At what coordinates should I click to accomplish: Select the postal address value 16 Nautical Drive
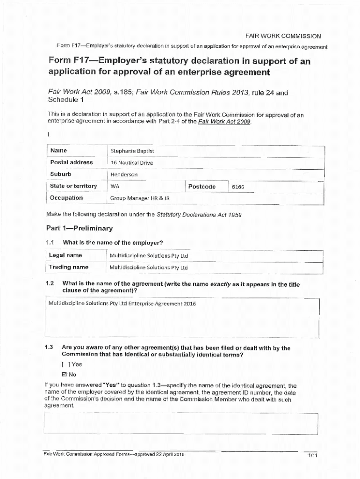point(131,163)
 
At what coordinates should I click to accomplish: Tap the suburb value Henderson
point(124,174)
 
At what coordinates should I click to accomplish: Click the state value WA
point(115,186)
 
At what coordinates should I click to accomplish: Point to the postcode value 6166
point(238,187)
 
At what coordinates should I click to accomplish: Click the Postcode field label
point(202,187)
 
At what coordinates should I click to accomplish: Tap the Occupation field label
point(66,198)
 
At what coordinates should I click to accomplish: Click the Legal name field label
point(66,255)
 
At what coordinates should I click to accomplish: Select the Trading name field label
point(69,267)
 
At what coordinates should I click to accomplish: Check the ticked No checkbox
point(65,375)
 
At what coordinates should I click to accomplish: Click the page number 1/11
point(312,456)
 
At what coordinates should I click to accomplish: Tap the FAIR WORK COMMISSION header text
point(283,36)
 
